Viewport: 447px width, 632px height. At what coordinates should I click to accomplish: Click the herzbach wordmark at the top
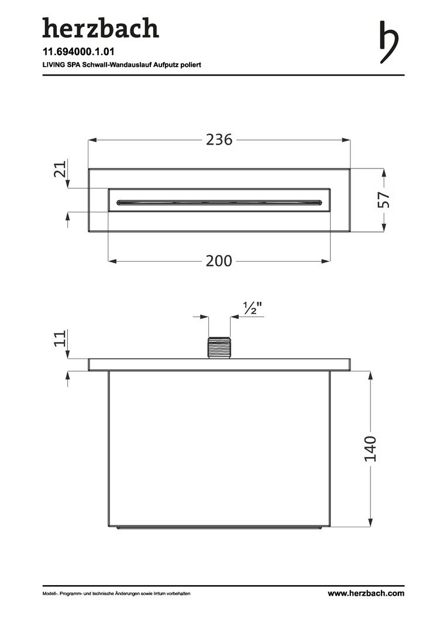[101, 28]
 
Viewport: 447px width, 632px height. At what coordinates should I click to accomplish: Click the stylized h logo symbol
[388, 42]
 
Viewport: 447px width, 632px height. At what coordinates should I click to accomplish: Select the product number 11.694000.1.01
[78, 51]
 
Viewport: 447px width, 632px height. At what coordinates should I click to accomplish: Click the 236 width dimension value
[219, 140]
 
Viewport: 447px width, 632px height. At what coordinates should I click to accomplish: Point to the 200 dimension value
[219, 261]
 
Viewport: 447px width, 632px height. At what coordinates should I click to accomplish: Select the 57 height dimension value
[383, 200]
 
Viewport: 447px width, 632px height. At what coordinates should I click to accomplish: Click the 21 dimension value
[60, 169]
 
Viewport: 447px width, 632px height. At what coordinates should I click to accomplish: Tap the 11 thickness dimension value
[60, 339]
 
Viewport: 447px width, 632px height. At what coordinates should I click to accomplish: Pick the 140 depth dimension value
[370, 449]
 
